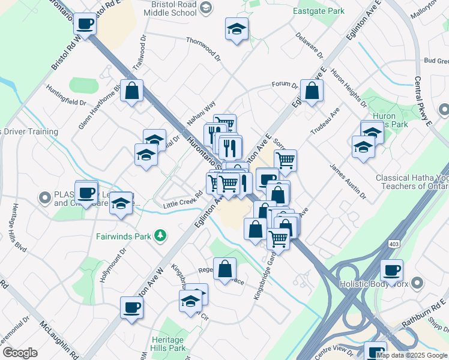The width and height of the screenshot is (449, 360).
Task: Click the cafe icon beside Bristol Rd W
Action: tap(85, 24)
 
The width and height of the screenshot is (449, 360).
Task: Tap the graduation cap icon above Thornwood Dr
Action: tap(237, 28)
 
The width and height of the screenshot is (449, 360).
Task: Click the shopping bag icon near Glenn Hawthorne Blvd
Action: tap(131, 91)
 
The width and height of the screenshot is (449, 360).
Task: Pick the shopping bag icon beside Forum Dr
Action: tap(312, 91)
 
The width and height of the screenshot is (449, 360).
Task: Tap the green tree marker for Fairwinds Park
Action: tap(160, 236)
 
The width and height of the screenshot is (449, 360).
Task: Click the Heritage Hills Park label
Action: tap(169, 343)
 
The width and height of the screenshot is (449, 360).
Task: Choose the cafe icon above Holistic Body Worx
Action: tap(391, 270)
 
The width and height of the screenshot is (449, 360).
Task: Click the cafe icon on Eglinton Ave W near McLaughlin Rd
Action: tap(131, 308)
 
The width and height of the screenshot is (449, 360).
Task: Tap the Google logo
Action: tap(20, 353)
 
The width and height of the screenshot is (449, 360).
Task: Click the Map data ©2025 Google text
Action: tap(412, 355)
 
